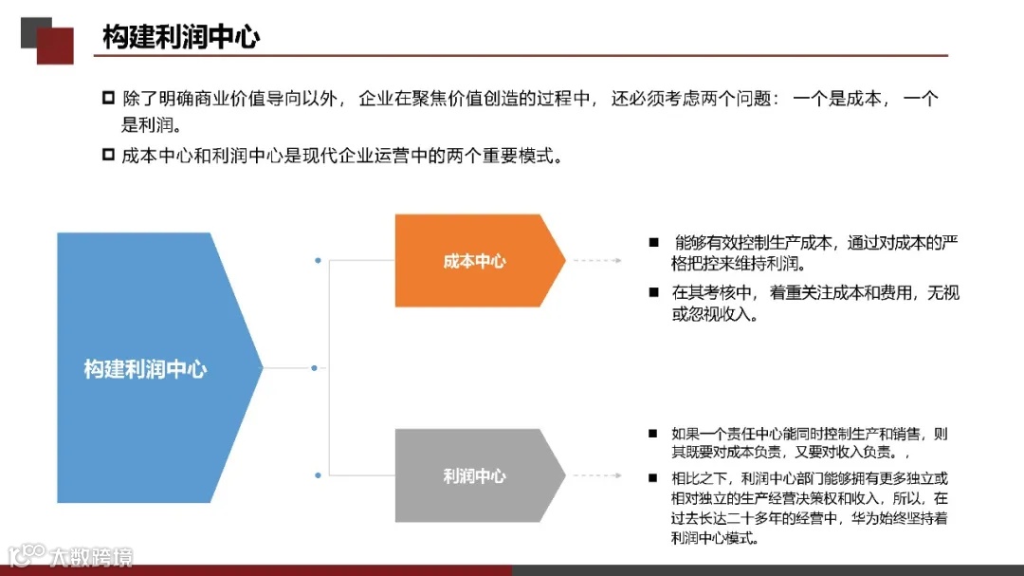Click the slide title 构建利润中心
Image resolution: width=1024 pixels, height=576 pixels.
click(181, 37)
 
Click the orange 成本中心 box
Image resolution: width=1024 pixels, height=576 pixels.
click(474, 261)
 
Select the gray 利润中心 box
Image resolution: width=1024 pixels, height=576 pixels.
click(474, 475)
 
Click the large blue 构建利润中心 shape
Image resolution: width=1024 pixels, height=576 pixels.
click(147, 369)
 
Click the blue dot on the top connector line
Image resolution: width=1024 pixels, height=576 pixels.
click(318, 259)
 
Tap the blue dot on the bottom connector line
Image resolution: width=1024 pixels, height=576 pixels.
click(318, 474)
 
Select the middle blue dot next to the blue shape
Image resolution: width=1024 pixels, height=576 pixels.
click(314, 368)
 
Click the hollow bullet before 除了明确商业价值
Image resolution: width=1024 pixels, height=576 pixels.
click(108, 99)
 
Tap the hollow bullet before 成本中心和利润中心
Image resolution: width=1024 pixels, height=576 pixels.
click(108, 155)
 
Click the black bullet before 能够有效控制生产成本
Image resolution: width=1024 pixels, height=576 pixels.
click(653, 243)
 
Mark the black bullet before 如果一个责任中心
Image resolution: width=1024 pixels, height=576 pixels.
click(652, 434)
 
